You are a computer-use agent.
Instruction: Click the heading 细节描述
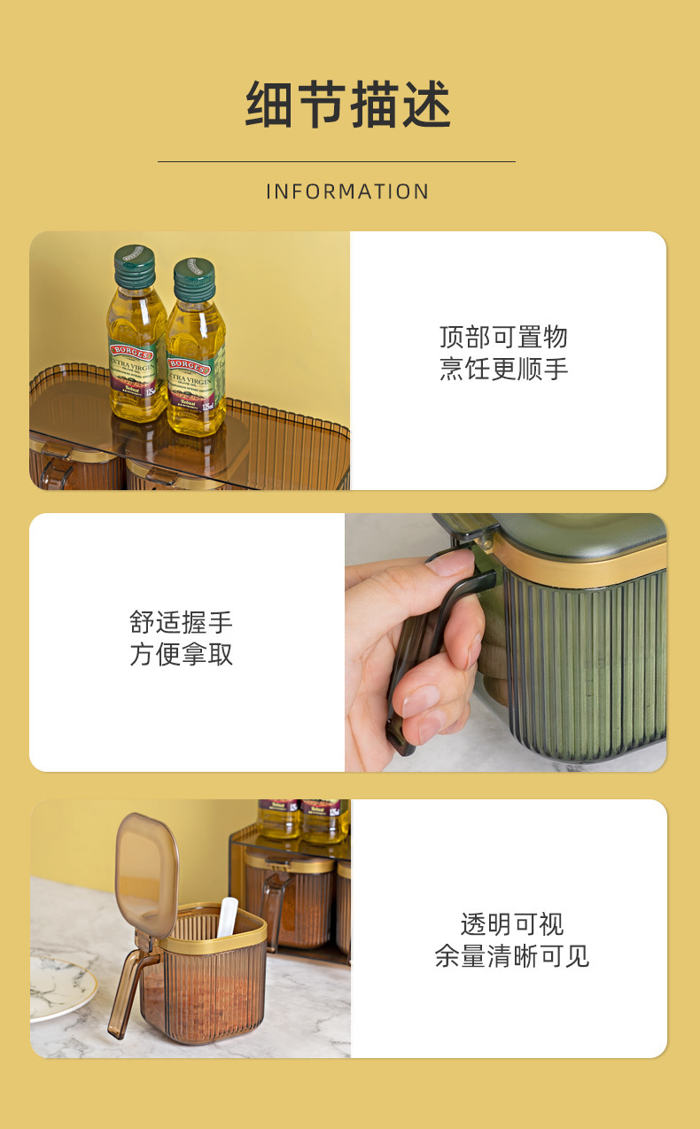(348, 105)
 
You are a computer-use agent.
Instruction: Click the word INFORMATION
(348, 191)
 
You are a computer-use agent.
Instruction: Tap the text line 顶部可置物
(503, 337)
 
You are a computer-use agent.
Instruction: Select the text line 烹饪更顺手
(503, 368)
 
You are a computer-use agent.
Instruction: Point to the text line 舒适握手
(182, 622)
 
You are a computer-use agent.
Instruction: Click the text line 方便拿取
(182, 654)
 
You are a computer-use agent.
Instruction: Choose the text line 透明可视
(511, 924)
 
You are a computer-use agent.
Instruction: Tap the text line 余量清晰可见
(511, 956)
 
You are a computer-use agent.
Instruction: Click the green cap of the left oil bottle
(135, 266)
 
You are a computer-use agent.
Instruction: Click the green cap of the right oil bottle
(194, 279)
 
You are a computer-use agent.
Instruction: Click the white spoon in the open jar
(228, 917)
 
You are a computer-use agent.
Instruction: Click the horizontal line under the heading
(336, 161)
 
